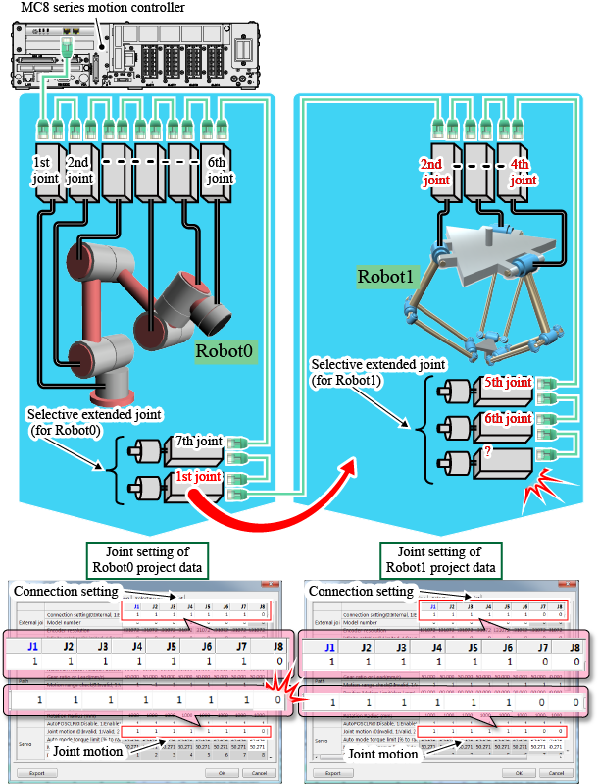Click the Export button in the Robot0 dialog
tap(34, 773)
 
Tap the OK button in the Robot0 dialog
tap(212, 773)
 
